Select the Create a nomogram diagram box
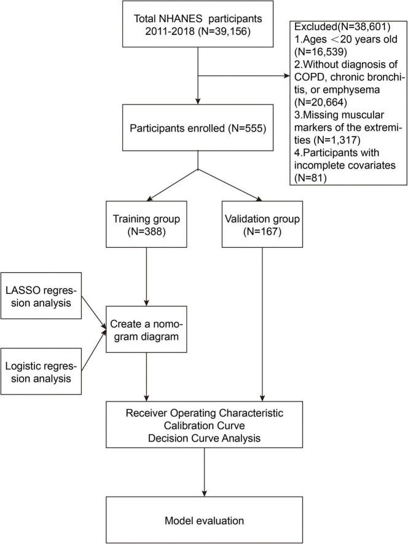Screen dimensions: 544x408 [146, 329]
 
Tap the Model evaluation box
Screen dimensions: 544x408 [198, 521]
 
